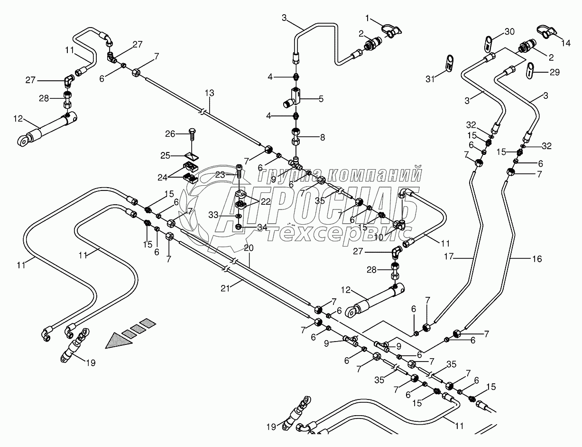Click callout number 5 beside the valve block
pos(321,99)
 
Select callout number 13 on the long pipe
pos(210,93)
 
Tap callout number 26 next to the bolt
pos(170,134)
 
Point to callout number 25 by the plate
pos(166,155)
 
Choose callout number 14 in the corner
pos(566,43)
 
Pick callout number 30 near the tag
pos(509,32)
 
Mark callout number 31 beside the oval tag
pos(430,79)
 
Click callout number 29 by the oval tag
pos(554,72)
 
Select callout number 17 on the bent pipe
pos(449,257)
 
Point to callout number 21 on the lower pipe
pos(225,288)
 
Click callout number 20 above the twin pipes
pos(249,248)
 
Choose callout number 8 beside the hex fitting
pos(322,137)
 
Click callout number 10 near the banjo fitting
pos(379,237)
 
